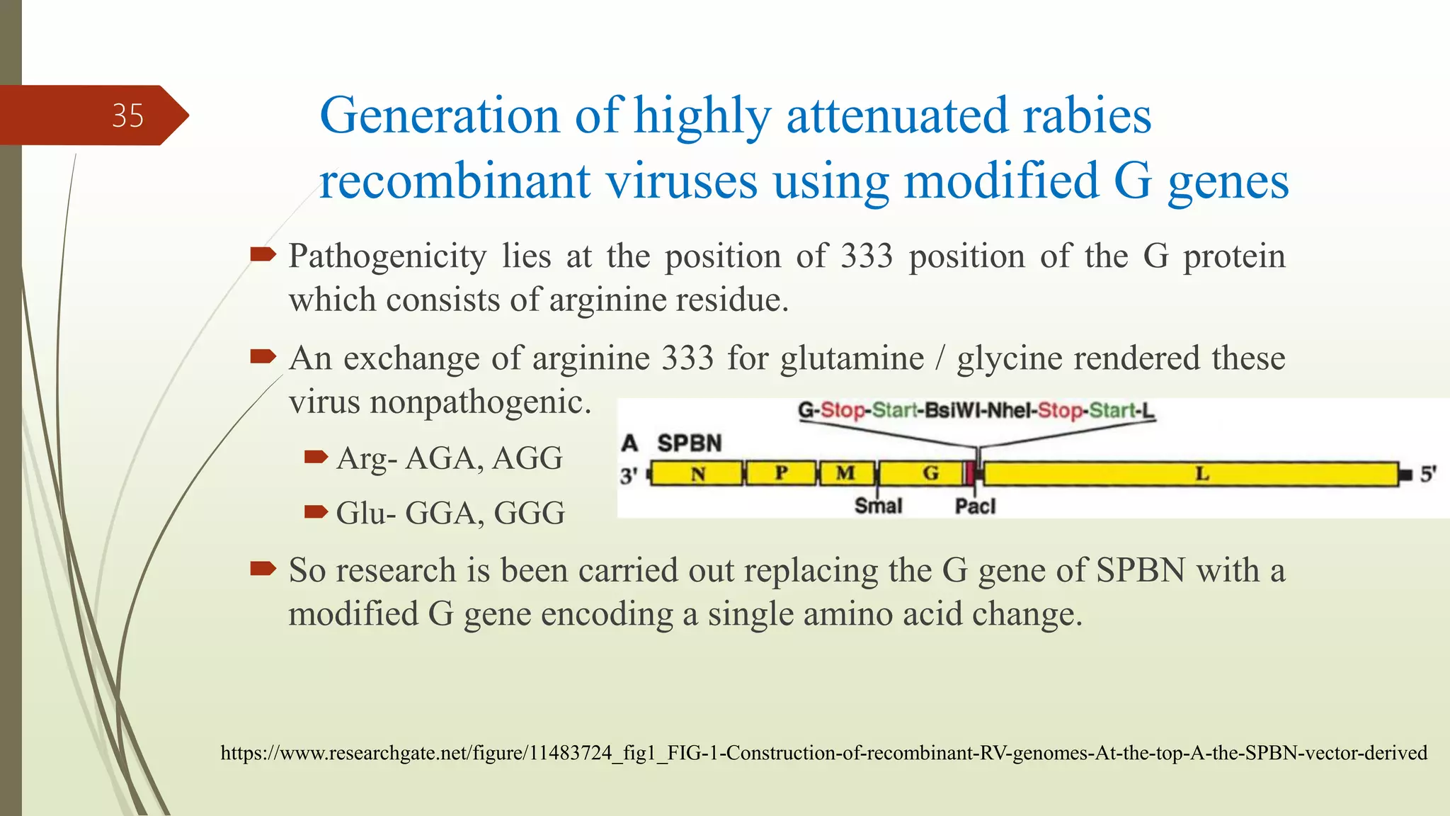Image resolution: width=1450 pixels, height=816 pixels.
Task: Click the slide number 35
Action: point(127,115)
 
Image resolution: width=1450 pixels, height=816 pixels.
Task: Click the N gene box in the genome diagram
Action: point(697,473)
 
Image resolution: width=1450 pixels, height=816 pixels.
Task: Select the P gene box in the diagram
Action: point(781,473)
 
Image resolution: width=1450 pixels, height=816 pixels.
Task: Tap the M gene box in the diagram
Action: point(846,473)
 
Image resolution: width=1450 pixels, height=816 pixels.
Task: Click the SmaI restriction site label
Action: point(878,506)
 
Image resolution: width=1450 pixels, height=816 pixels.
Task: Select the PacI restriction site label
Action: point(975,506)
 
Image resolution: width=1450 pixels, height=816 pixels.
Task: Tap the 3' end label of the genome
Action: point(629,475)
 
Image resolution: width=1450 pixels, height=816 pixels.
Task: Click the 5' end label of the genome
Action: point(1428,474)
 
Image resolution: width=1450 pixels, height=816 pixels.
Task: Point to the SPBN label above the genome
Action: point(689,443)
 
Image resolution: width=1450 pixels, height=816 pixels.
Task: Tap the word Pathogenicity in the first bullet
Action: point(387,256)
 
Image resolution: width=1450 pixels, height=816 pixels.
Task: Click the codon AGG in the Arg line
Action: point(527,458)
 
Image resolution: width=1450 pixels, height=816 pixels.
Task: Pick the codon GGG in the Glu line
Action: point(529,513)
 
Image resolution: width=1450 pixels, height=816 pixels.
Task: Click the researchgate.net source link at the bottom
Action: point(823,752)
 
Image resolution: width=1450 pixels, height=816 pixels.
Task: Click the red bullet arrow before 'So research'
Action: point(263,568)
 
